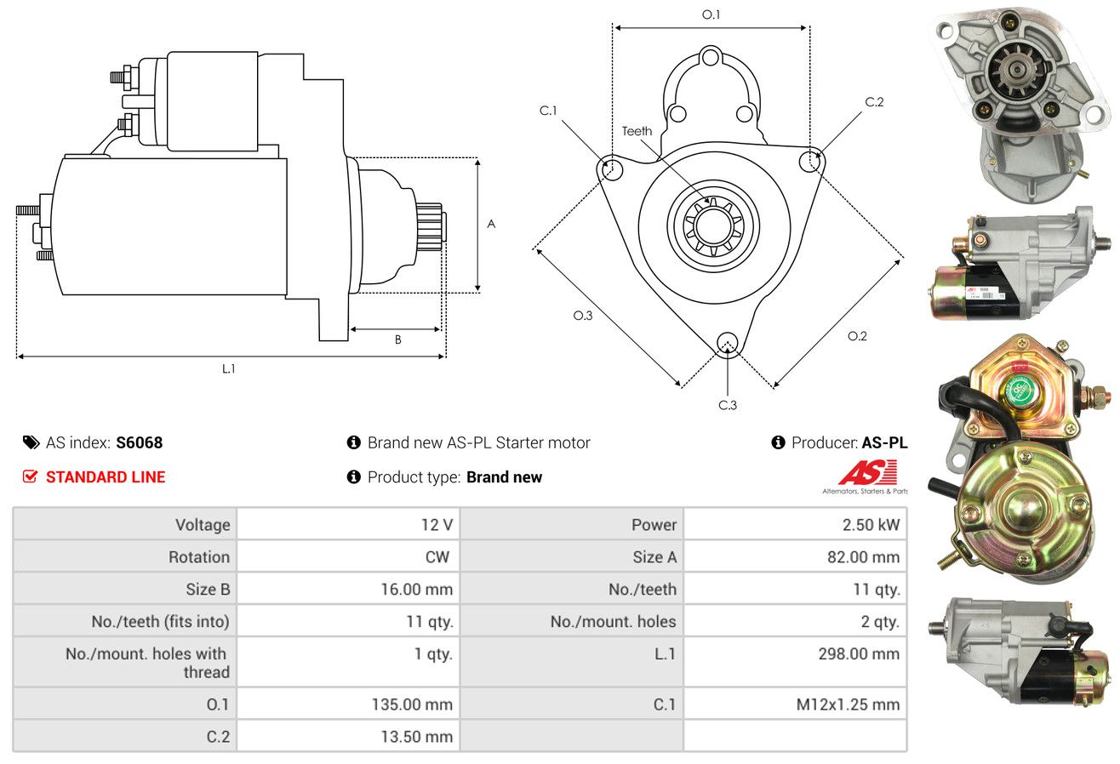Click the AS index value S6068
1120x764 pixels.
coord(139,442)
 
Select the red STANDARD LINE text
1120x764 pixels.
coord(106,477)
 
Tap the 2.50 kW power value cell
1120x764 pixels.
coord(871,525)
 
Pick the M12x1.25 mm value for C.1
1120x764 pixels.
coord(848,704)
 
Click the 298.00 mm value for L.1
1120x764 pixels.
coord(859,653)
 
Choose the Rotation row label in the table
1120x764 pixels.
coord(199,556)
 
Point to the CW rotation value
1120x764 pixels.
coord(437,556)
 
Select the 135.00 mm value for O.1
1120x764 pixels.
coord(412,704)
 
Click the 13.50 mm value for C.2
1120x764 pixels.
coord(416,737)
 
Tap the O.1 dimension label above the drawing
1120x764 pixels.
coord(711,14)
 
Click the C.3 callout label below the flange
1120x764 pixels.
coord(728,405)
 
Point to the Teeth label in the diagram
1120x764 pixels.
coord(637,131)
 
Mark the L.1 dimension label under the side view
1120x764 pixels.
coord(228,368)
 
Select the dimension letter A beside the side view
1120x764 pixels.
coord(491,224)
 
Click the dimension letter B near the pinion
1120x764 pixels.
coord(398,339)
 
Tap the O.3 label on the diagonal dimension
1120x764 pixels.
coord(582,316)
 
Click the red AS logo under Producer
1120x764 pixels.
coord(867,472)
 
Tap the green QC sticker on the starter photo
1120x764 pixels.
coord(1019,391)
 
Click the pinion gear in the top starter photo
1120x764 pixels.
coord(1014,71)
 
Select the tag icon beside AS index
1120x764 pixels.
coord(31,442)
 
